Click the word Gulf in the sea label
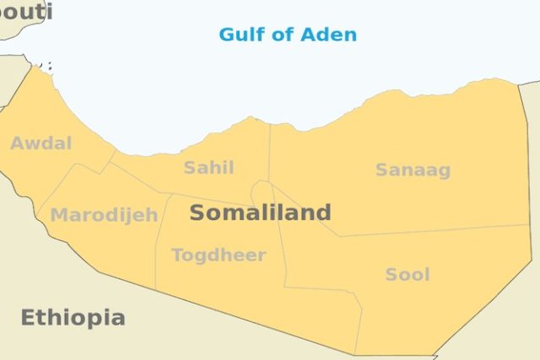point(238,35)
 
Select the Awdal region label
point(40,143)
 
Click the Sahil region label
point(208,167)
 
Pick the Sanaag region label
point(413,170)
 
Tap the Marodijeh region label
point(104,215)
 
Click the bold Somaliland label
point(260,212)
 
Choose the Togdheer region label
point(219,255)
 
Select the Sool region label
point(408,274)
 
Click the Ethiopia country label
point(73,318)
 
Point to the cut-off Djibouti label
point(25,11)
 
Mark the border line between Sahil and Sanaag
point(269,152)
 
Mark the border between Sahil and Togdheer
point(211,199)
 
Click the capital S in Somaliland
point(197,212)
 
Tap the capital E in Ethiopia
point(27,318)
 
